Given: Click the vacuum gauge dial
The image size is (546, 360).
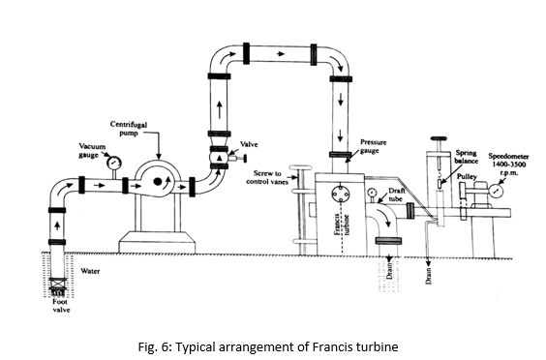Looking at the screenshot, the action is (114, 162).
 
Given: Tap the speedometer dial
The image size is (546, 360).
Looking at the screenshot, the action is (496, 191).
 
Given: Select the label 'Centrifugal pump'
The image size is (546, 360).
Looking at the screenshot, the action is (129, 129).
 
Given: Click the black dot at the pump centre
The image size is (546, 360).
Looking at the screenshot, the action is (158, 181).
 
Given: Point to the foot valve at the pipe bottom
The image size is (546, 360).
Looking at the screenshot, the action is (57, 285).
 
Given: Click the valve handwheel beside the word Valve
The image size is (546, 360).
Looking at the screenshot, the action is (245, 159).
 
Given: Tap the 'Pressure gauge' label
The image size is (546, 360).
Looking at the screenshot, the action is (374, 146).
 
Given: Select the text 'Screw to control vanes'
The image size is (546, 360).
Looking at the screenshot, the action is (267, 177).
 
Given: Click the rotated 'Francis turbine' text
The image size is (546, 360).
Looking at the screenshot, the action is (342, 225).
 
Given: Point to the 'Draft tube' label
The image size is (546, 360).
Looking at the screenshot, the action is (396, 195).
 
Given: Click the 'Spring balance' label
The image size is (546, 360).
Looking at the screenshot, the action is (466, 157).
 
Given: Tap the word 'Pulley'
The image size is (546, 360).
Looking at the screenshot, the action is (467, 176).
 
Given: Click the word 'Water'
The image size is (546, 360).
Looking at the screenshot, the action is (90, 271).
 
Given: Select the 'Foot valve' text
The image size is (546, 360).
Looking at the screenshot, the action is (61, 306).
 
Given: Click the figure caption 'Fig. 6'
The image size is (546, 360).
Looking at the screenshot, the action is (153, 347).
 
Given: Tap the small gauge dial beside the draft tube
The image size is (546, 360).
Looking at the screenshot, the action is (372, 193).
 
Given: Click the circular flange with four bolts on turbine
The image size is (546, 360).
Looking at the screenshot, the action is (340, 194).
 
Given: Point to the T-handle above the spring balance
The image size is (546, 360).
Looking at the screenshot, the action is (439, 139).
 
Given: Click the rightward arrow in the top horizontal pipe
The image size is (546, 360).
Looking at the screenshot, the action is (281, 53).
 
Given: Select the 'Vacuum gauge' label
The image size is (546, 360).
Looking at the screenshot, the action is (92, 150).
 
